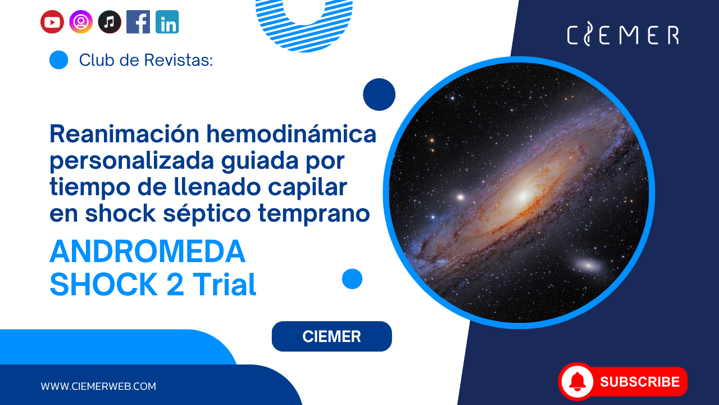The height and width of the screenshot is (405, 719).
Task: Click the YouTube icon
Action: (52, 22)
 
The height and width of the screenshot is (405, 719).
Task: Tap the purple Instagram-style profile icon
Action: (81, 22)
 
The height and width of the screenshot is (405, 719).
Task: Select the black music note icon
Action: (110, 22)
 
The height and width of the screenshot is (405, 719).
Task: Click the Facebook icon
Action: (138, 22)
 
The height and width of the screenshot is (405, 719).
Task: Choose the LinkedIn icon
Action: (167, 22)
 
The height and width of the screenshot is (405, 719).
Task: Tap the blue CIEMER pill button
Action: (331, 336)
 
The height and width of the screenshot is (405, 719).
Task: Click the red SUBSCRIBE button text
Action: (640, 382)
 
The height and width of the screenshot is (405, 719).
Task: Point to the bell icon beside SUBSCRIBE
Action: (577, 381)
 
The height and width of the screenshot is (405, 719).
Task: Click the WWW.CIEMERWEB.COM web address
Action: (98, 386)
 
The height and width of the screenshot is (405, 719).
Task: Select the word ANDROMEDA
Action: (148, 251)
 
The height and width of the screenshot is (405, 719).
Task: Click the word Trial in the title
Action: (224, 285)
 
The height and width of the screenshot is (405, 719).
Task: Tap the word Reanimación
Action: (125, 134)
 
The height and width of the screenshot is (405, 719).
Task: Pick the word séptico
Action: (207, 214)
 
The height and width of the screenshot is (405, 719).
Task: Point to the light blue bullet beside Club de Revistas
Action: (59, 60)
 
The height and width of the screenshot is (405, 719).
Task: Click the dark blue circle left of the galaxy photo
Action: (379, 94)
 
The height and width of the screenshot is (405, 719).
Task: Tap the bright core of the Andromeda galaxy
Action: (522, 195)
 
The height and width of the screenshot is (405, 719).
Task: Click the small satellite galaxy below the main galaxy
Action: (588, 265)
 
